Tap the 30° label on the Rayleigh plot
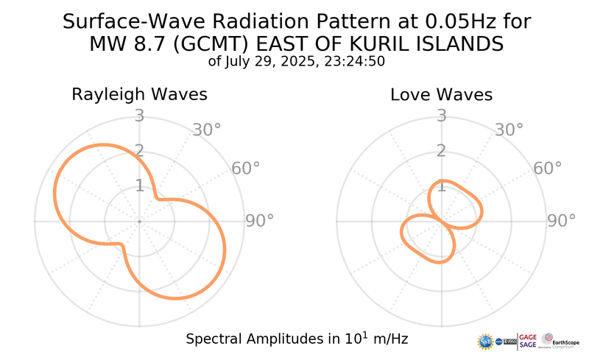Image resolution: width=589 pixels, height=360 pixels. click(207, 130)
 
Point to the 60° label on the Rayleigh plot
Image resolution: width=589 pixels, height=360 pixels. click(246, 169)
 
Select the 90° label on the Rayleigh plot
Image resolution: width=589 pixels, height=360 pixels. click(260, 221)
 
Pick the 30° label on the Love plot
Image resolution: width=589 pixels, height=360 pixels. click(509, 130)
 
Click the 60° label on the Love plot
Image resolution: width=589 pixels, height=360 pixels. click(548, 169)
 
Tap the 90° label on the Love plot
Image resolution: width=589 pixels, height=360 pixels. click(562, 221)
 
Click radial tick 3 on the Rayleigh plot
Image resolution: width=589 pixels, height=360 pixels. click(138, 116)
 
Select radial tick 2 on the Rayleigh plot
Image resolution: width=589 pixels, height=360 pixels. click(138, 151)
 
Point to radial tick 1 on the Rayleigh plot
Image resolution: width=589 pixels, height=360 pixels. click(138, 186)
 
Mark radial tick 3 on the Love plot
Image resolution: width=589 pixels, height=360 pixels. click(441, 116)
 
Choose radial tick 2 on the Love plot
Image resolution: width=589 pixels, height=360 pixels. click(441, 151)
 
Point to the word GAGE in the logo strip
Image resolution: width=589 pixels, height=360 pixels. click(529, 336)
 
